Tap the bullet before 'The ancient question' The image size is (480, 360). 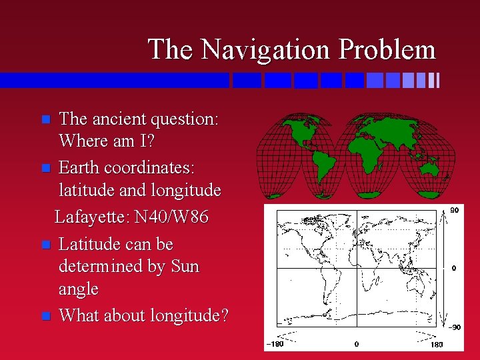tap(45, 120)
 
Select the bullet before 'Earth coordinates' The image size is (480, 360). tap(45, 166)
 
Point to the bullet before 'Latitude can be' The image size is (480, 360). tap(45, 245)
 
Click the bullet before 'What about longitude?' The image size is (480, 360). tap(45, 316)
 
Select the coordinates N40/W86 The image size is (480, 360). tap(171, 217)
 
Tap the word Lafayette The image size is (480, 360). tap(92, 217)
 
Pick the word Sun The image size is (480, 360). tap(185, 267)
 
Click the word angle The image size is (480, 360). tap(79, 290)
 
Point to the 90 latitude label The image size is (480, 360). tap(455, 209)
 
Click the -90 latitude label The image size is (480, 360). tap(453, 327)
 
